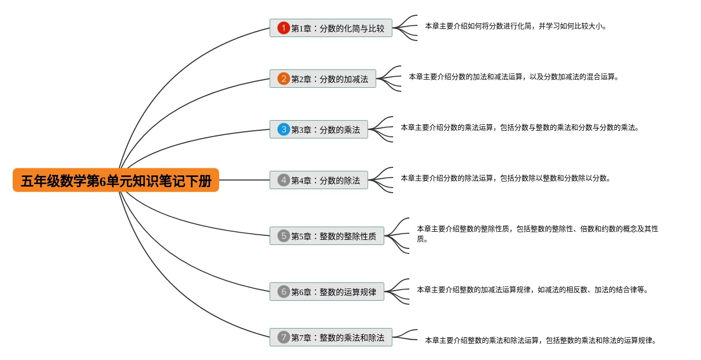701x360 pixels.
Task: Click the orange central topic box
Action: click(116, 180)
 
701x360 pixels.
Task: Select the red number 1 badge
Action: click(284, 28)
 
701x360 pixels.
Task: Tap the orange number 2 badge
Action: click(284, 79)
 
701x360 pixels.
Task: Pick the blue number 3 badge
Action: click(284, 129)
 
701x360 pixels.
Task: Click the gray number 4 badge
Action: click(284, 180)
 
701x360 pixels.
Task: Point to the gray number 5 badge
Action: click(284, 236)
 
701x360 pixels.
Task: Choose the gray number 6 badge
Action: click(284, 292)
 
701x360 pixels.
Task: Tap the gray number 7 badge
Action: click(284, 337)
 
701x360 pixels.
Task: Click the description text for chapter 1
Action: click(515, 26)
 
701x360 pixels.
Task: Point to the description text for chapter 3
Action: click(519, 127)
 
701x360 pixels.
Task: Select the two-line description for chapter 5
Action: click(537, 234)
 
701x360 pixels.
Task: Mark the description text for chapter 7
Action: click(540, 340)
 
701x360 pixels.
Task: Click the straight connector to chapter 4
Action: click(244, 180)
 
